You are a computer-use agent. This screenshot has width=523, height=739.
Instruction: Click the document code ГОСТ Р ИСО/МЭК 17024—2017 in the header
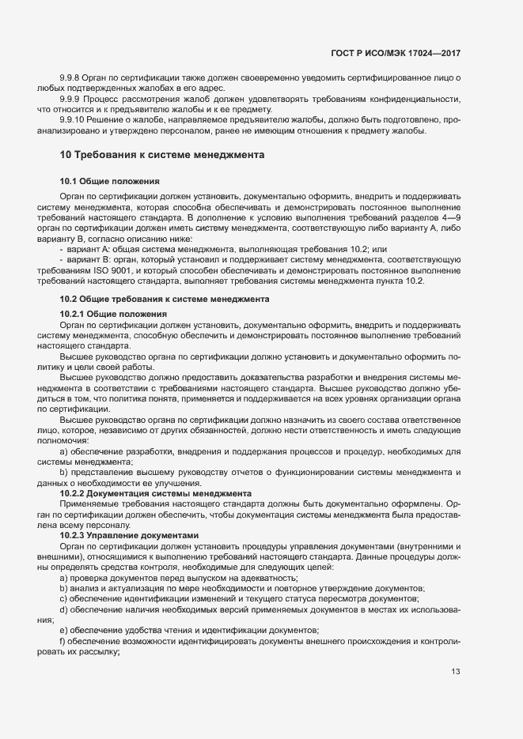tap(395, 53)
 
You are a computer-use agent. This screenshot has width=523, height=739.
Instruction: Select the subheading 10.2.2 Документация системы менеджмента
tap(156, 493)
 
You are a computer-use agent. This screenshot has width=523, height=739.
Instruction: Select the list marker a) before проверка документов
tap(63, 579)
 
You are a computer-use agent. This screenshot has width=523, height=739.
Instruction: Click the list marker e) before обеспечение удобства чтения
tap(63, 629)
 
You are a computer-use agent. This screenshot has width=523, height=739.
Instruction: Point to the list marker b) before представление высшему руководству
tap(63, 473)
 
